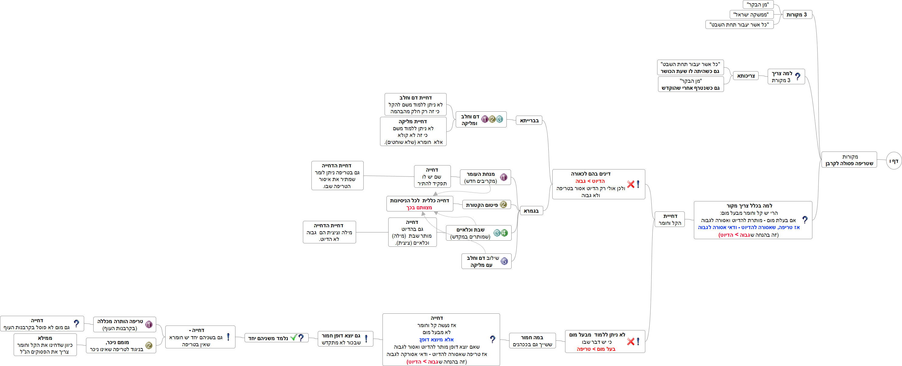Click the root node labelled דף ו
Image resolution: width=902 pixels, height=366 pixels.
click(894, 161)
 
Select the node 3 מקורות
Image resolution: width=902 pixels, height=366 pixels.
click(797, 15)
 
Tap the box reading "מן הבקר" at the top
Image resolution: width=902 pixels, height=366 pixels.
click(758, 5)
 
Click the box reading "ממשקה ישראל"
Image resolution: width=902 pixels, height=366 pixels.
click(751, 15)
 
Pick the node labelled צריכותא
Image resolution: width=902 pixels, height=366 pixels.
click(746, 76)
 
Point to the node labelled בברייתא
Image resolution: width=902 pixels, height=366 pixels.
click(529, 120)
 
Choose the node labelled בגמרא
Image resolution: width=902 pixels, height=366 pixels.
click(531, 211)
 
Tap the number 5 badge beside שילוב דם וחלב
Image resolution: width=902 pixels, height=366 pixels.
click(504, 261)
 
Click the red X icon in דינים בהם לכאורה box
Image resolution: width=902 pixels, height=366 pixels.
click(631, 184)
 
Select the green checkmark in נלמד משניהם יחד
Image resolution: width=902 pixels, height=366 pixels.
click(293, 338)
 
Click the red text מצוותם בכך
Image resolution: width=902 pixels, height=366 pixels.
click(419, 207)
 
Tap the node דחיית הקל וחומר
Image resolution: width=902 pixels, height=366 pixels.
click(670, 219)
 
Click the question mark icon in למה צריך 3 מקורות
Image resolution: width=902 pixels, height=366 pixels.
click(798, 76)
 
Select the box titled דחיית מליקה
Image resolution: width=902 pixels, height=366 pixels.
click(413, 131)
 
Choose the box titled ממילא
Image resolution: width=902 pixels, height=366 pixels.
click(45, 345)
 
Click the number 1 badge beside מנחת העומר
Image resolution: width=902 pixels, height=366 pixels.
click(503, 177)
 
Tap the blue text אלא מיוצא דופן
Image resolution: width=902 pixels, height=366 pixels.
click(436, 339)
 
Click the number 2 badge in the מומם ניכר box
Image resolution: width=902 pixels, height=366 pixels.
click(149, 346)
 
